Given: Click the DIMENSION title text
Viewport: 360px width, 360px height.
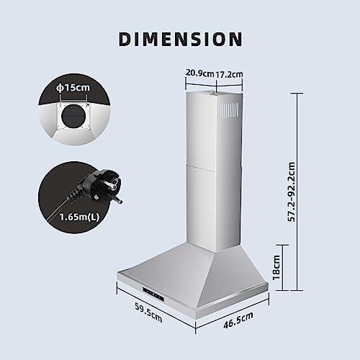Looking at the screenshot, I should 180,39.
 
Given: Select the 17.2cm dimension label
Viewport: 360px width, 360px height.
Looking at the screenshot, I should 230,73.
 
